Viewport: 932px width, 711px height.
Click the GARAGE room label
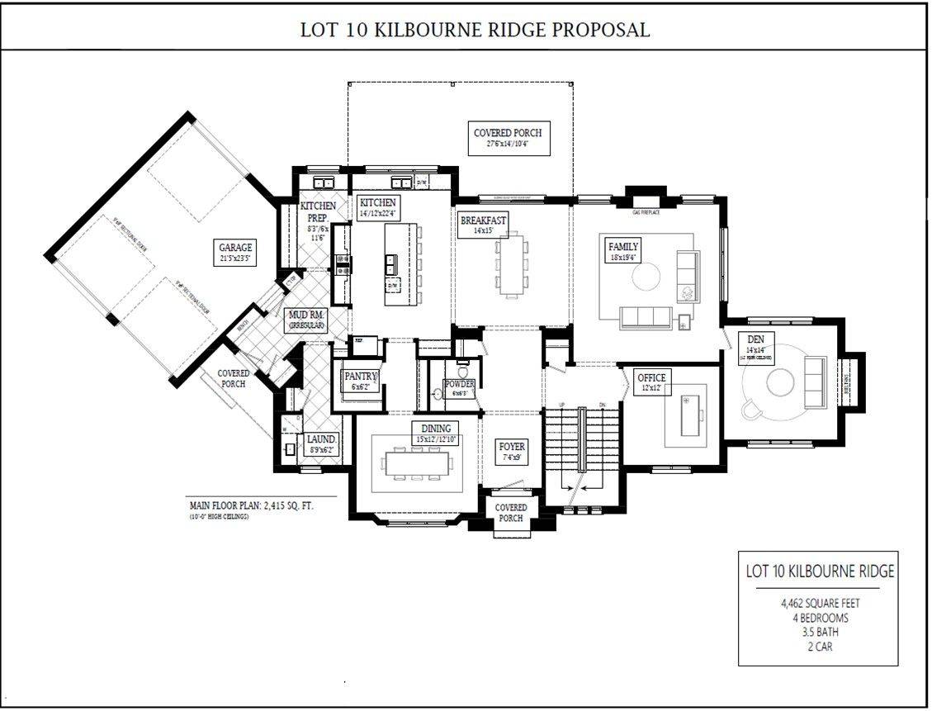(x=235, y=247)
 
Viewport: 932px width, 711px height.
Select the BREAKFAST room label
(x=483, y=220)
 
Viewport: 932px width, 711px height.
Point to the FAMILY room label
(x=623, y=247)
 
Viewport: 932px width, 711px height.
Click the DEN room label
(x=755, y=339)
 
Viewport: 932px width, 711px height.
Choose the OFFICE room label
(x=651, y=377)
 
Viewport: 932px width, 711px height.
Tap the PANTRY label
(x=361, y=377)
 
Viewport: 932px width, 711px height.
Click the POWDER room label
(x=459, y=384)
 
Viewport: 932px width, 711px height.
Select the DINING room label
(x=435, y=428)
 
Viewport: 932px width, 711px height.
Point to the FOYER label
(x=512, y=447)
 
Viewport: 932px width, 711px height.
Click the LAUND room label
(x=320, y=440)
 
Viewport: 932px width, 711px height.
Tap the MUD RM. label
(x=305, y=315)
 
